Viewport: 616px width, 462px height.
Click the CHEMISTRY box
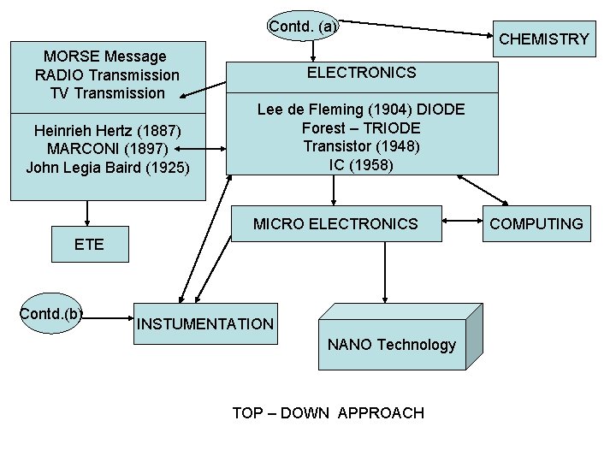[543, 38]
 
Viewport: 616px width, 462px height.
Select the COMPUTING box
[536, 224]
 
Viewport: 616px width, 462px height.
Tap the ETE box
[89, 244]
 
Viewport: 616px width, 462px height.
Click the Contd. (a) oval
[303, 27]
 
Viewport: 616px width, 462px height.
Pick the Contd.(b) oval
[51, 314]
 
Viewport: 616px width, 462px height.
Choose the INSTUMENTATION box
[205, 323]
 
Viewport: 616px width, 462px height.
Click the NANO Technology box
[391, 345]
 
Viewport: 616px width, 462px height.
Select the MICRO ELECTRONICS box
[335, 224]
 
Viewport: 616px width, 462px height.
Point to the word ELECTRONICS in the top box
[361, 73]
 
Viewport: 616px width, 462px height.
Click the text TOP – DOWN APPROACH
[328, 413]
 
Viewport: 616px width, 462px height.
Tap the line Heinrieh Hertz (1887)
[107, 130]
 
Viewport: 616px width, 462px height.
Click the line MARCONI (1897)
[107, 148]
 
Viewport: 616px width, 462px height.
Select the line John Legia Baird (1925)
[107, 167]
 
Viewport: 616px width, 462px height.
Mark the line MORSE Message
[105, 56]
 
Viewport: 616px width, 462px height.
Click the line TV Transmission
[107, 92]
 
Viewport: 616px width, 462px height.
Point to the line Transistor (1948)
[361, 146]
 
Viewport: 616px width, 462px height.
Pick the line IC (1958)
[361, 164]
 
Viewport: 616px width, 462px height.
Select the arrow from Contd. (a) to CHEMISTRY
[419, 28]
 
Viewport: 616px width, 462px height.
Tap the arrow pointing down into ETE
[87, 213]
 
